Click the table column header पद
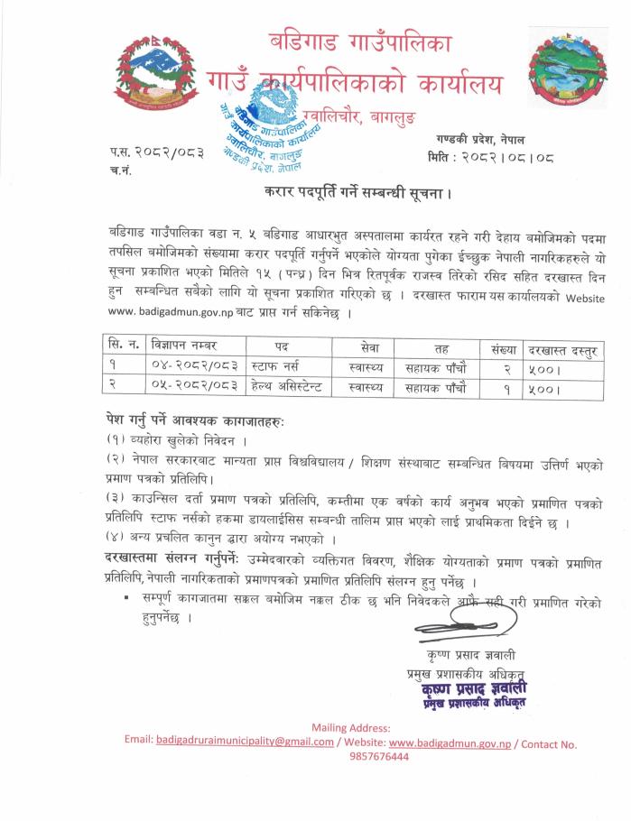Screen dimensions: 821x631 (x=283, y=346)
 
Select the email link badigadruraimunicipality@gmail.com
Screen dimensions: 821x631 (x=245, y=743)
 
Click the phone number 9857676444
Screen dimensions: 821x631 (x=378, y=757)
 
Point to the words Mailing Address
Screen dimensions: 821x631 (x=351, y=727)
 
